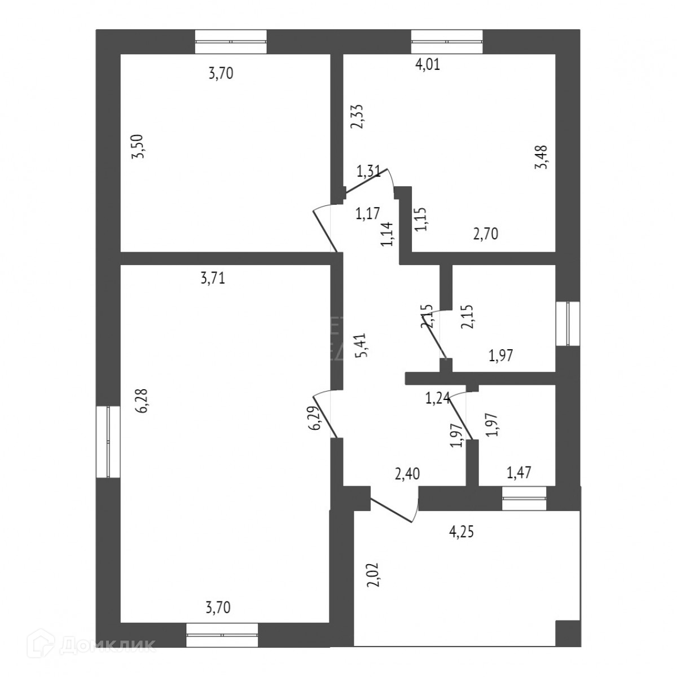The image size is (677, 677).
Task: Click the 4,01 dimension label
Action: [x=428, y=64]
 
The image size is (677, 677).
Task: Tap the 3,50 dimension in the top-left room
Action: [x=137, y=147]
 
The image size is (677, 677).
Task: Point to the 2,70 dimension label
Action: [x=485, y=234]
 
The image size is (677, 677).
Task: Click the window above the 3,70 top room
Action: [x=231, y=41]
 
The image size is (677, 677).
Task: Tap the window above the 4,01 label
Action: [x=447, y=41]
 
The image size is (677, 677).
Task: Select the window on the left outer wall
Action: [x=108, y=442]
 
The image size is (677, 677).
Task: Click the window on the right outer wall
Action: [x=568, y=323]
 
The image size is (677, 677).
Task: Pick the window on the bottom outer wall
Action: [x=222, y=634]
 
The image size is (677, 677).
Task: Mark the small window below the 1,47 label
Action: [x=524, y=498]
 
